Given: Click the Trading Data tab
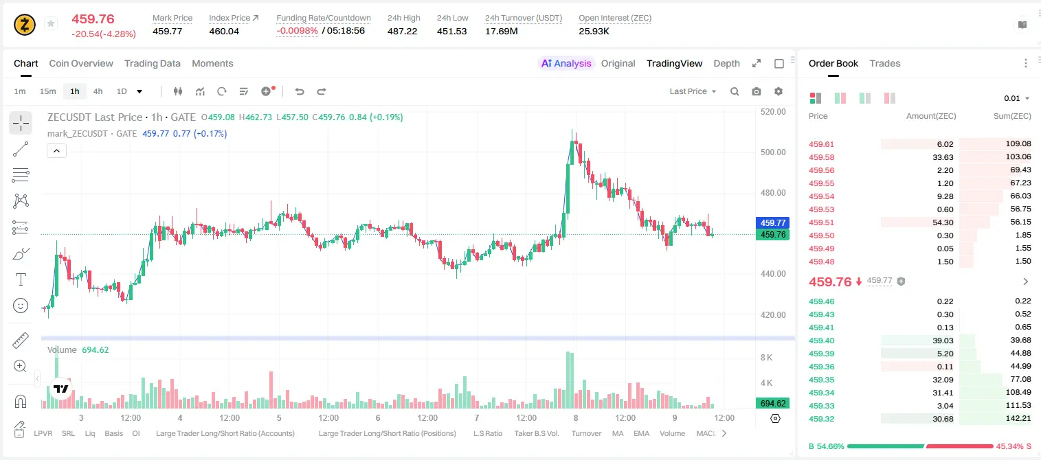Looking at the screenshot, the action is [152, 63].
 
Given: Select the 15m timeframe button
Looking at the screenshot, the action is [47, 91].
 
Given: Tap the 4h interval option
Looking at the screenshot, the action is [98, 91].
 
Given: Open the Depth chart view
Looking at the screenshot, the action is [726, 63].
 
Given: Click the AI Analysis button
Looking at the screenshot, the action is [566, 63].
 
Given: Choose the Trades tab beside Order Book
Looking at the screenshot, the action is [885, 63].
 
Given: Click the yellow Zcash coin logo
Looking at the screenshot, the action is [25, 25].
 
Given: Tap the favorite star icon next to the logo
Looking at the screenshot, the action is [51, 23].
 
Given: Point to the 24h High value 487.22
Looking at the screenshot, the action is [402, 31].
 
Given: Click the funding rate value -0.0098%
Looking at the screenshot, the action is [297, 31].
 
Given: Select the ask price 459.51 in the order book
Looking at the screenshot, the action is [821, 222].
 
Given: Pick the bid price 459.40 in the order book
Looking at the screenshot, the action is [821, 341].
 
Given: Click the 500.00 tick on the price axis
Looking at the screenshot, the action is [773, 152].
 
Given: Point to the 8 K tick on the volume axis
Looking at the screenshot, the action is [766, 358].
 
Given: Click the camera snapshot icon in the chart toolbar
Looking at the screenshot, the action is [757, 91].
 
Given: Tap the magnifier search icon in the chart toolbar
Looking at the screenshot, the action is [735, 91].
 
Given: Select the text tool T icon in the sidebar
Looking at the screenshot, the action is [21, 279].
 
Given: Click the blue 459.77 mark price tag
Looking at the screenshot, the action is [772, 223].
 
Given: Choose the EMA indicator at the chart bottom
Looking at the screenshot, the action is [641, 433].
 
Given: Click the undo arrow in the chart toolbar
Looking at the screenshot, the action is [300, 91].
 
